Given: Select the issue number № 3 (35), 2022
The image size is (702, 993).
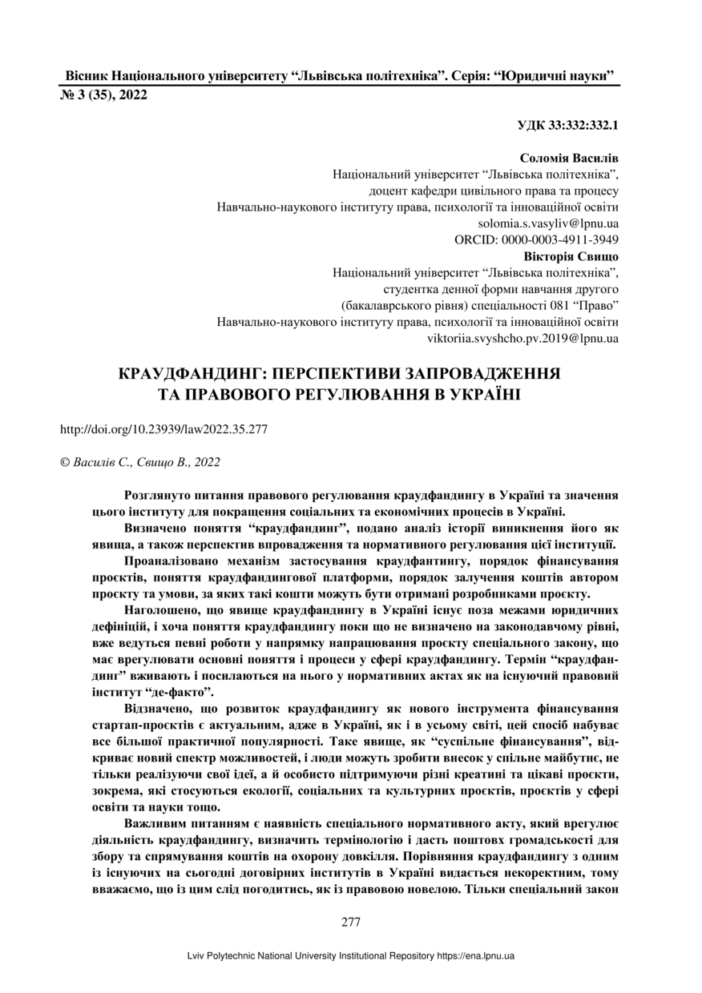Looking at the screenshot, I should pyautogui.click(x=104, y=95).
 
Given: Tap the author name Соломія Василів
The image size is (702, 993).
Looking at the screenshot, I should pyautogui.click(x=569, y=159).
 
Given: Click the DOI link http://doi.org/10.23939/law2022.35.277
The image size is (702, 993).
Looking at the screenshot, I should pyautogui.click(x=163, y=428).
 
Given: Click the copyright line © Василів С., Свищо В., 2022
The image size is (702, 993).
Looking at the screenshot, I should pyautogui.click(x=140, y=462).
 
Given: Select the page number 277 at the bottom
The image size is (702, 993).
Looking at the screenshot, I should pyautogui.click(x=351, y=922).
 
